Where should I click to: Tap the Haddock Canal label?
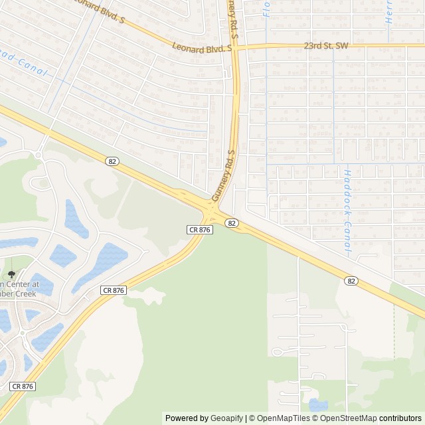(347, 211)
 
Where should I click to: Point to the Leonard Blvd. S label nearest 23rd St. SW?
(201, 47)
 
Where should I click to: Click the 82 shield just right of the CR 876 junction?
(231, 223)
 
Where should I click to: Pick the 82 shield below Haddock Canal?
(351, 282)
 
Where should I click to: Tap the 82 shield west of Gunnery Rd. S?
(112, 161)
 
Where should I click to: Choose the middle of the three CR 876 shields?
(114, 290)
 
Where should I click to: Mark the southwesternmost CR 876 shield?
(23, 386)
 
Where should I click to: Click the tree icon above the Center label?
(11, 274)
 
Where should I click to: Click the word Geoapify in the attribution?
(226, 418)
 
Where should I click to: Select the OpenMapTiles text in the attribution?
(284, 418)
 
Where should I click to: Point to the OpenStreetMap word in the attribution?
(346, 418)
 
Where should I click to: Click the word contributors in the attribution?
(400, 418)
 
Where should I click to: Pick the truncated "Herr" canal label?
(389, 12)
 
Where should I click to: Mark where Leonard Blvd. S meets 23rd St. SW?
(234, 47)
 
